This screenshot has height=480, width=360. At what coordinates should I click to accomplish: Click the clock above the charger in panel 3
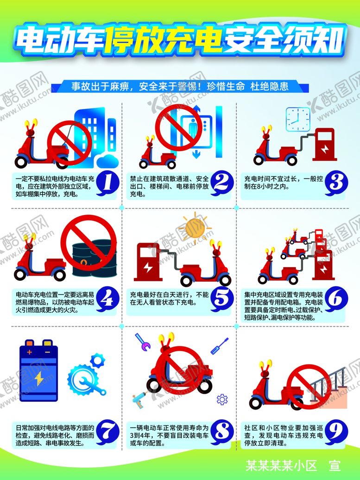coord(297,119)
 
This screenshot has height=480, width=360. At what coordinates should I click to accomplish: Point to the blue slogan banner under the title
coord(180,86)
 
